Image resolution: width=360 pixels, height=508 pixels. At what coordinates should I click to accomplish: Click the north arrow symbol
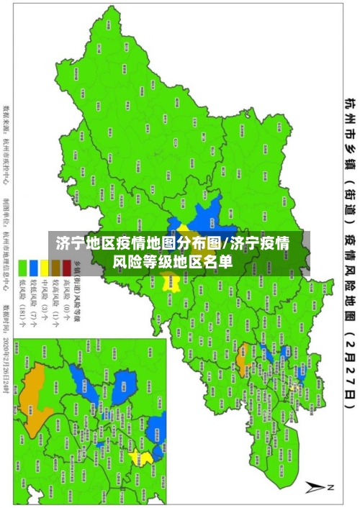(315, 487)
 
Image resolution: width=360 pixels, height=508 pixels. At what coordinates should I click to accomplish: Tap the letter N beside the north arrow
(331, 487)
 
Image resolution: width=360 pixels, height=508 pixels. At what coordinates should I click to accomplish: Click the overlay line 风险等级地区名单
(181, 261)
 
